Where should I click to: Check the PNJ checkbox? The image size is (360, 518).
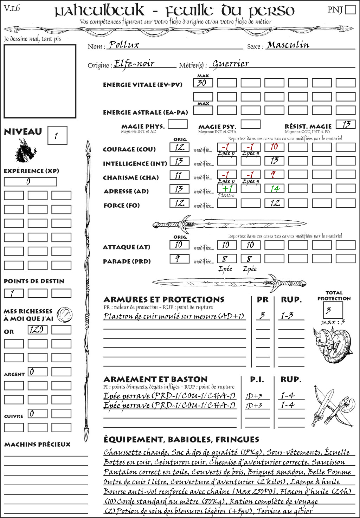(350, 9)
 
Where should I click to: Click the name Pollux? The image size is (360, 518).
(124, 45)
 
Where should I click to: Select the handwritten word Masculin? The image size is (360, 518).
(288, 45)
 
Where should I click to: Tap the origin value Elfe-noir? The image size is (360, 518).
(134, 64)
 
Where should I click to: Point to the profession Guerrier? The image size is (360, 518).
(231, 64)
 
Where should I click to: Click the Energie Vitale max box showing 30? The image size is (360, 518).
(203, 83)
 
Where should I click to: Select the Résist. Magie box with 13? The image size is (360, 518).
(345, 124)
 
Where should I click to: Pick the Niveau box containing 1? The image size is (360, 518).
(57, 136)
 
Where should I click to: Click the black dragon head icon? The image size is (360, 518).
(26, 151)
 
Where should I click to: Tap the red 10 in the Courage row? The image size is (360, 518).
(274, 147)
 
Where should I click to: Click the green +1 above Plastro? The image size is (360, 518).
(227, 188)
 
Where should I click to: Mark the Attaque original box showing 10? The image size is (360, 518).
(179, 245)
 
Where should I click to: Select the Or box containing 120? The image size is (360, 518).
(37, 330)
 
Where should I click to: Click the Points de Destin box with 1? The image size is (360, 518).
(14, 293)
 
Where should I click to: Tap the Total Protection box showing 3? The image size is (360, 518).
(333, 310)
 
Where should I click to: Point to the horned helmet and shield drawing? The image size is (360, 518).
(331, 344)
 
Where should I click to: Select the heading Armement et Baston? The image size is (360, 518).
(155, 379)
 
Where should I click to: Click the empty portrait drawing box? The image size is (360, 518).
(40, 81)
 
